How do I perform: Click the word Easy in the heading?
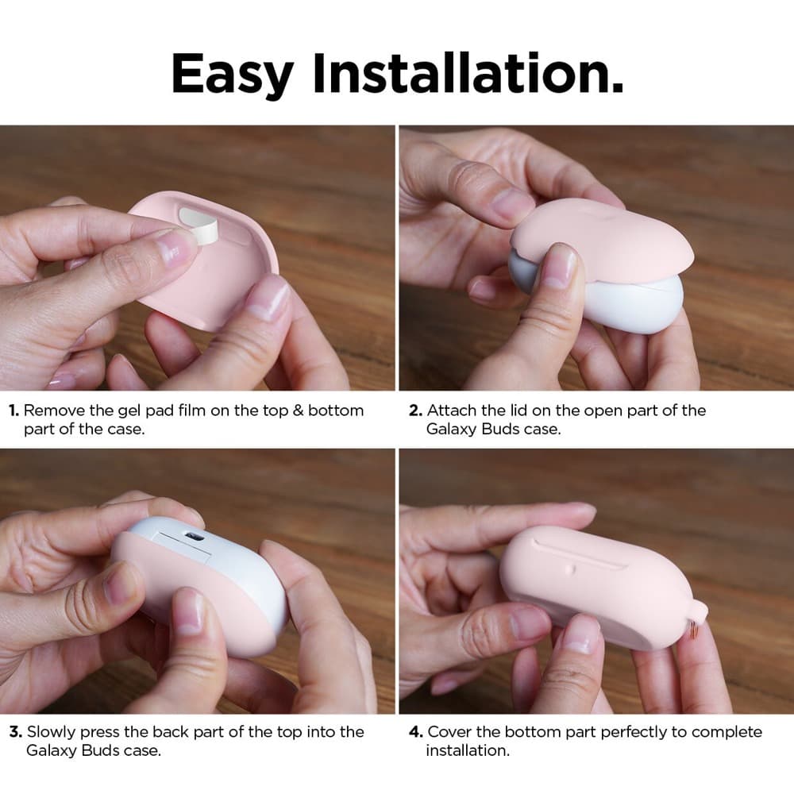[233, 74]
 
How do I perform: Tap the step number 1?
[13, 410]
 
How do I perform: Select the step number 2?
[415, 410]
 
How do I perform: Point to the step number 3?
[16, 732]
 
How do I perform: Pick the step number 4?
[416, 732]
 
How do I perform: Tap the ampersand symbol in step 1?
[298, 410]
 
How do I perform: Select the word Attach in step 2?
[452, 410]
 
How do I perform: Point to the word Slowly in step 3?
[51, 732]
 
